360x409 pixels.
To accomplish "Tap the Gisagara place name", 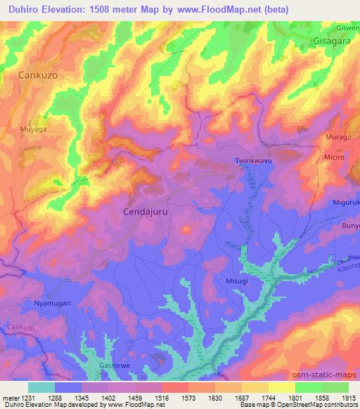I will pos(332,41).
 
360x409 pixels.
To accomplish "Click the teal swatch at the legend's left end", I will pos(41,387).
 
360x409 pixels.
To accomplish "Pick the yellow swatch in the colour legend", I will pos(282,387).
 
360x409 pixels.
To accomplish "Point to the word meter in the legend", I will pos(11,398).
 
